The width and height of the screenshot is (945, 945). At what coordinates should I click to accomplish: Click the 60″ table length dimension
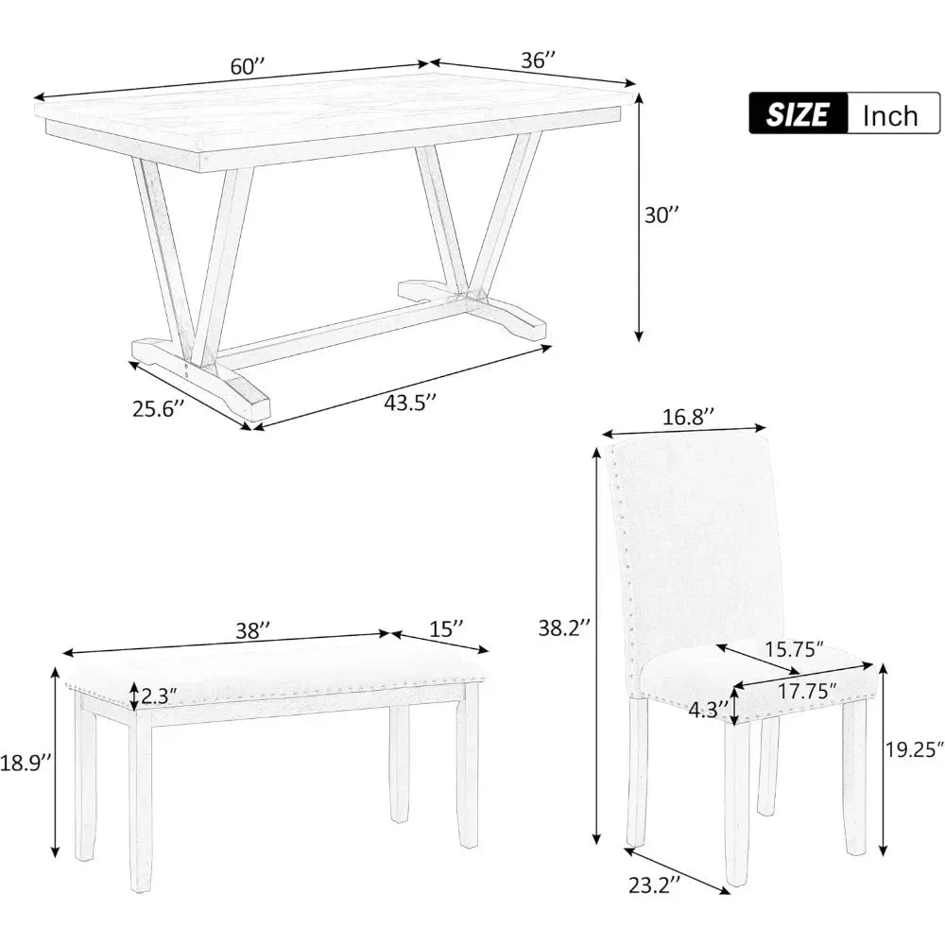(x=247, y=66)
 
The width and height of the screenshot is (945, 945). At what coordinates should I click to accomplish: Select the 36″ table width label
(x=538, y=60)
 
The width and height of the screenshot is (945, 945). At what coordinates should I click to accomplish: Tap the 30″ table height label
(x=661, y=215)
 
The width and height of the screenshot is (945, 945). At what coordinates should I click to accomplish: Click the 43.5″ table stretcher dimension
(x=410, y=402)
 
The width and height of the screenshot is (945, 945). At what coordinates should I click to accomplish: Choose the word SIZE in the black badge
(x=798, y=114)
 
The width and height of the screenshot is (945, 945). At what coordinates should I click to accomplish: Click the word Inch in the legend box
(x=890, y=115)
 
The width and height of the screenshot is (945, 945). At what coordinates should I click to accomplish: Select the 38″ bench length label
(x=252, y=630)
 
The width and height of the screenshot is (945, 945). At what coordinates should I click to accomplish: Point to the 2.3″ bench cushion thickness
(x=159, y=697)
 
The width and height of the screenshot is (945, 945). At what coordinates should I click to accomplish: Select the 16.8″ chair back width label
(x=688, y=417)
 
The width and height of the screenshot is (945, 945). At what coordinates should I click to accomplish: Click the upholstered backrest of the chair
(x=699, y=539)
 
